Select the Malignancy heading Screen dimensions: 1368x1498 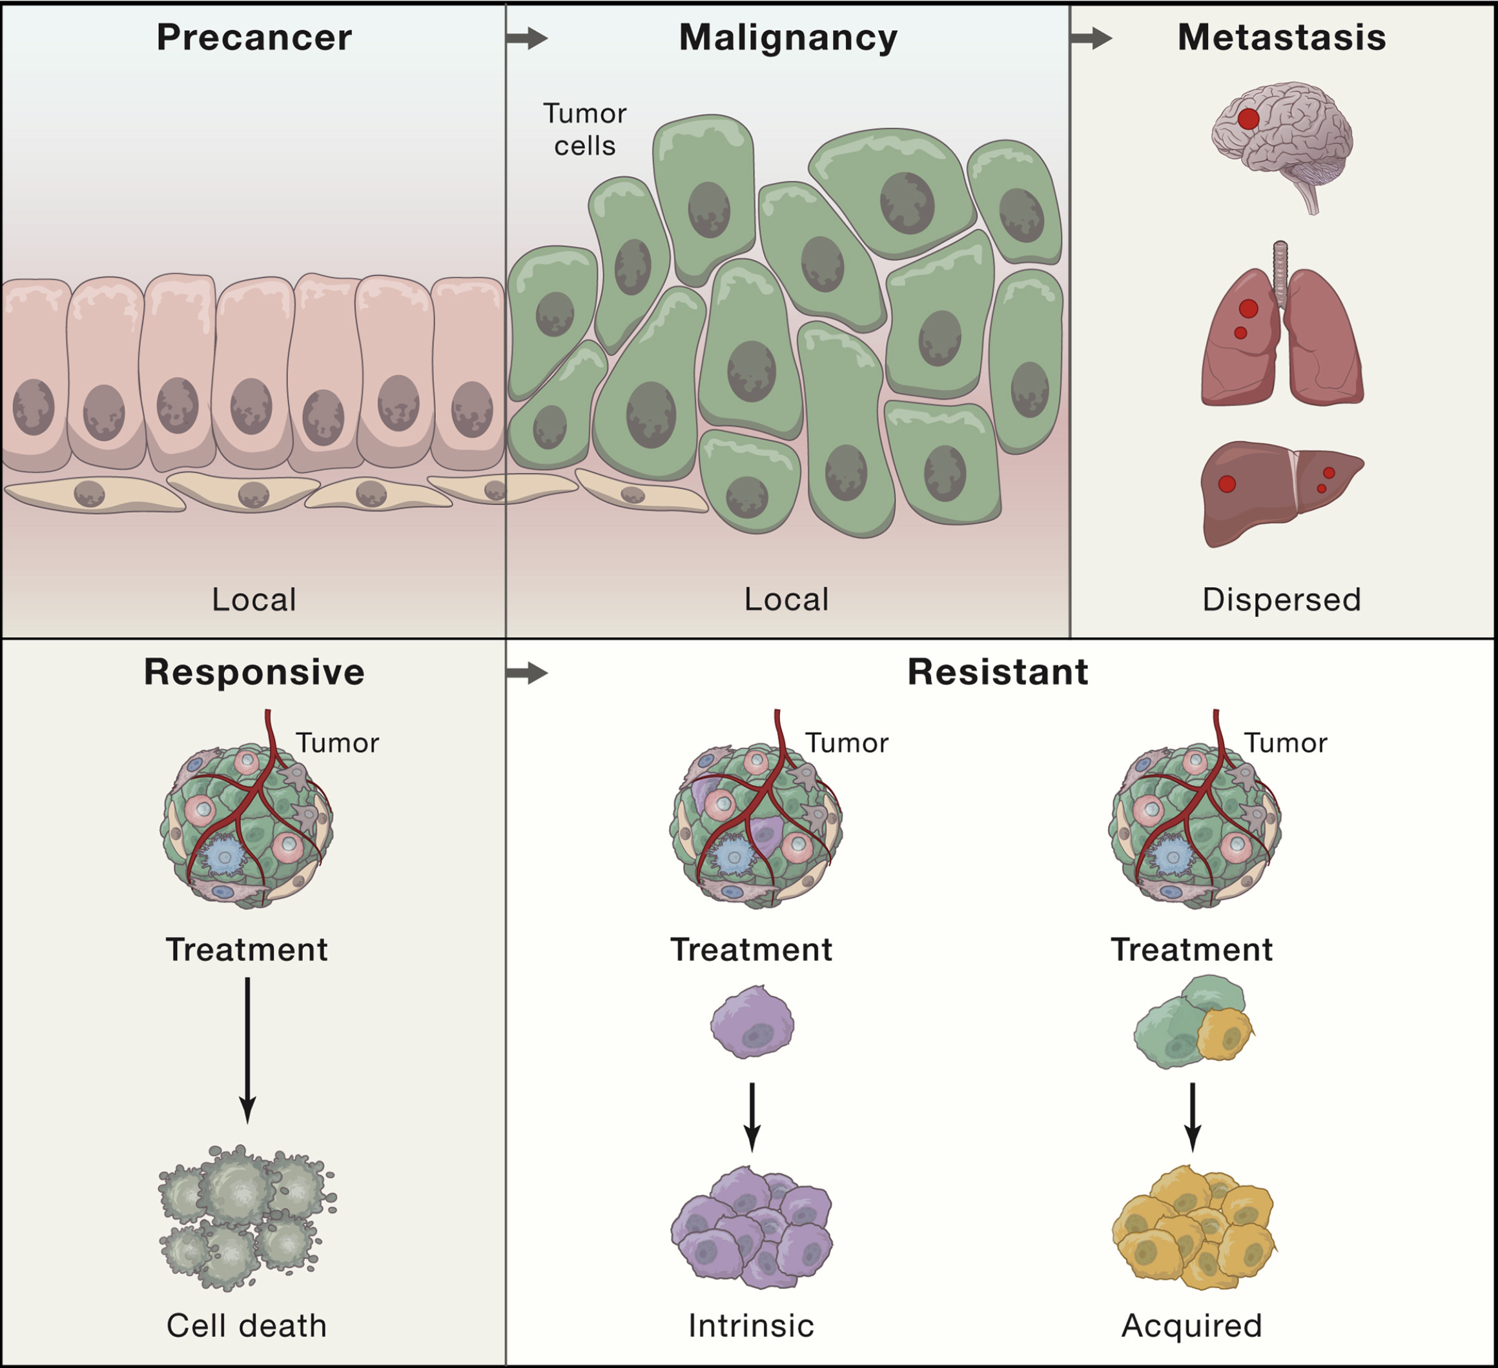[x=788, y=37]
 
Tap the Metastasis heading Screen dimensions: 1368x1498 [x=1282, y=37]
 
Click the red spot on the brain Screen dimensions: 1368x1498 [x=1248, y=119]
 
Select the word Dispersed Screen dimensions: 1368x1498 [x=1281, y=599]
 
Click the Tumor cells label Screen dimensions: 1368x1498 [x=585, y=129]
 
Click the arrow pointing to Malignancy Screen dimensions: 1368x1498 [x=527, y=38]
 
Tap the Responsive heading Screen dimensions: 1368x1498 [x=254, y=672]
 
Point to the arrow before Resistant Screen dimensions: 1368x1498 [x=527, y=674]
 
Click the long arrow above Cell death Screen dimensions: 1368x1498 [x=247, y=1047]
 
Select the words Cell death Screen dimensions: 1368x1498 [x=247, y=1325]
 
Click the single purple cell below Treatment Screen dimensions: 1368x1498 [x=752, y=1022]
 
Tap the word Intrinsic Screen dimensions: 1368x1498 [x=751, y=1325]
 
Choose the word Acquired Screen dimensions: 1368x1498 [x=1191, y=1325]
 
